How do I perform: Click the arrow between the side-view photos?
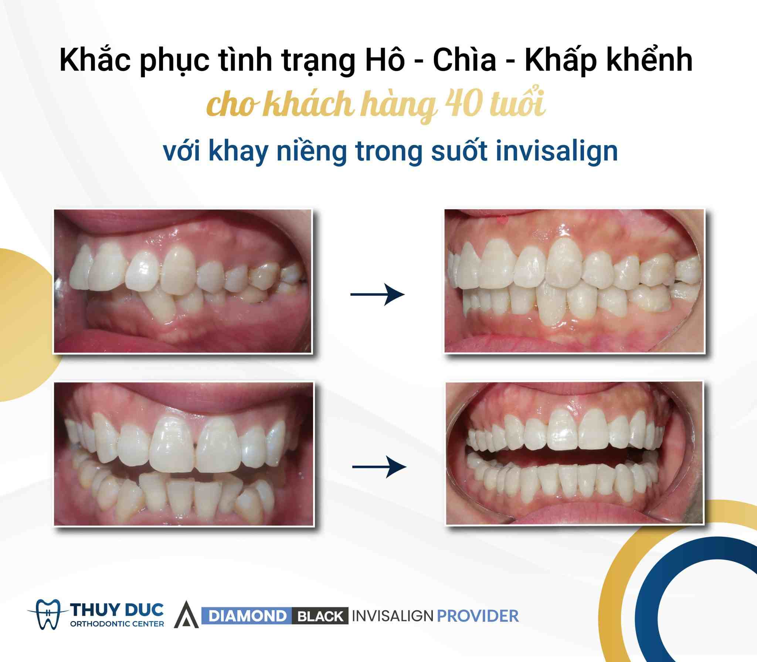click(377, 295)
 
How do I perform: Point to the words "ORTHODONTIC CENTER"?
click(117, 624)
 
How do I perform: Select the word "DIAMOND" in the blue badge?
click(247, 616)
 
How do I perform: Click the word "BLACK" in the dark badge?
click(320, 616)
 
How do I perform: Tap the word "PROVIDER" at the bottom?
click(478, 616)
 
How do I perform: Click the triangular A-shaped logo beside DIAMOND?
click(186, 616)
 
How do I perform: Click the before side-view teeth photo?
click(183, 281)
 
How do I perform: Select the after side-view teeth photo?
click(574, 281)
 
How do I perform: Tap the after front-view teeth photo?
click(574, 453)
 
